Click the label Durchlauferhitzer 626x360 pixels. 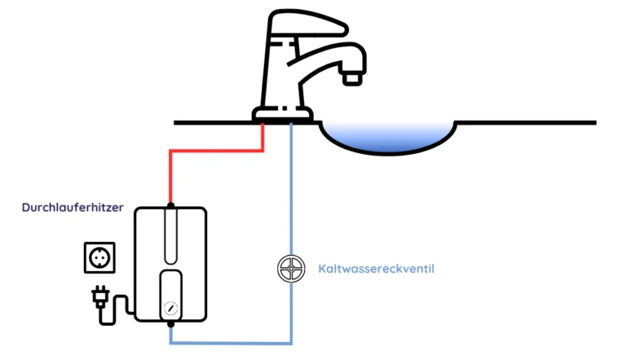(x=73, y=209)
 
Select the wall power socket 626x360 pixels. (x=99, y=258)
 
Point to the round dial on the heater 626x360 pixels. (x=170, y=310)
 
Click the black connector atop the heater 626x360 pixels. (x=170, y=204)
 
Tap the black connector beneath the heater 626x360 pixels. (x=170, y=324)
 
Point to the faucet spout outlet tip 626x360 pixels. (x=351, y=78)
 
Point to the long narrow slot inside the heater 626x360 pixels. (x=170, y=235)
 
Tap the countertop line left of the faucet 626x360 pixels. (x=212, y=123)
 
